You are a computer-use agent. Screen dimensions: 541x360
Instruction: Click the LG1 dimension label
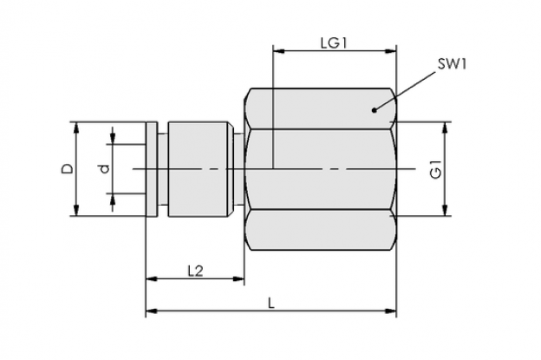(x=334, y=43)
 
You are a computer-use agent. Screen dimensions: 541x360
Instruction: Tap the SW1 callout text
(x=453, y=64)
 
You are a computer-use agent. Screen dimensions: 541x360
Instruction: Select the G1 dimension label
(x=436, y=169)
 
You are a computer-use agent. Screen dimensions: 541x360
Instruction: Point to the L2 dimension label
(x=195, y=271)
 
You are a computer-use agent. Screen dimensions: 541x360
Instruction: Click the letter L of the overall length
(x=272, y=304)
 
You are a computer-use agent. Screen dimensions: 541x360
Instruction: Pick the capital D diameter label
(x=68, y=169)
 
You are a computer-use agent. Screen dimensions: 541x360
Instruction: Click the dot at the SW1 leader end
(x=374, y=110)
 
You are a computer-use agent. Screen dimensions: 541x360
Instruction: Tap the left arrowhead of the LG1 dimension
(x=278, y=51)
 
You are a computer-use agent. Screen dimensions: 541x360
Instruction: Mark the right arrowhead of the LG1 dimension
(x=390, y=51)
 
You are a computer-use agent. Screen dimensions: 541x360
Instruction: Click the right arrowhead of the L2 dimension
(x=238, y=278)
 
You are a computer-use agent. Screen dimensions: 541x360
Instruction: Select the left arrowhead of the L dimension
(x=152, y=311)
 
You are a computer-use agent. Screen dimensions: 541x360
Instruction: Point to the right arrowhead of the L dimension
(x=390, y=311)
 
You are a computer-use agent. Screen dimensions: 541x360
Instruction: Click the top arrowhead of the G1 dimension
(x=446, y=128)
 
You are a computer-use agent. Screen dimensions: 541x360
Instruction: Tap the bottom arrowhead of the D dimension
(x=76, y=211)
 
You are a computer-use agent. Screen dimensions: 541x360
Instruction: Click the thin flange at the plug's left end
(x=152, y=169)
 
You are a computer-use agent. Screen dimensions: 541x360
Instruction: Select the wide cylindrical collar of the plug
(x=198, y=169)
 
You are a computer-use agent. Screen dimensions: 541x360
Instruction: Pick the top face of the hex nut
(x=321, y=108)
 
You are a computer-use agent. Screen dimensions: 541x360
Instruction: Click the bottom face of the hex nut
(x=321, y=230)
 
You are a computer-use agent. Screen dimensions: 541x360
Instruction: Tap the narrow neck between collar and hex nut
(x=238, y=169)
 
